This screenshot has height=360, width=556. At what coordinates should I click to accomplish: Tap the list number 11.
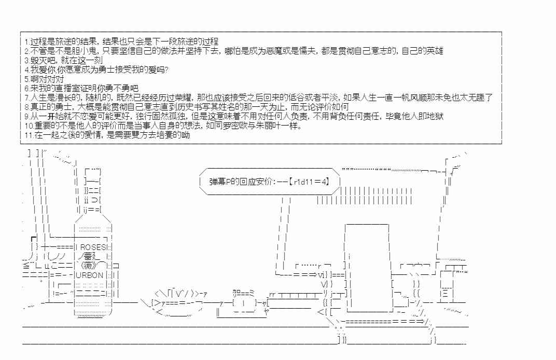tap(29, 135)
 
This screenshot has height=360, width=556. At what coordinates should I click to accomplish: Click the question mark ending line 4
tap(166, 70)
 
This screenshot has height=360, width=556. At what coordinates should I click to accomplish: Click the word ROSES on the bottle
tap(93, 247)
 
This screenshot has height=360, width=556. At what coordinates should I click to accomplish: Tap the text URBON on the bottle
tap(90, 275)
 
